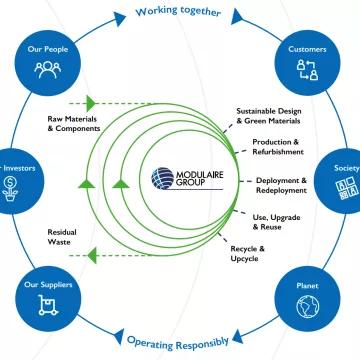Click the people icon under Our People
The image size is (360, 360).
click(x=46, y=68)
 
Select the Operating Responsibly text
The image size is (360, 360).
click(x=180, y=341)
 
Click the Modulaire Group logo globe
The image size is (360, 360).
click(x=163, y=178)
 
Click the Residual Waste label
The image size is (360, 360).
click(x=63, y=238)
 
